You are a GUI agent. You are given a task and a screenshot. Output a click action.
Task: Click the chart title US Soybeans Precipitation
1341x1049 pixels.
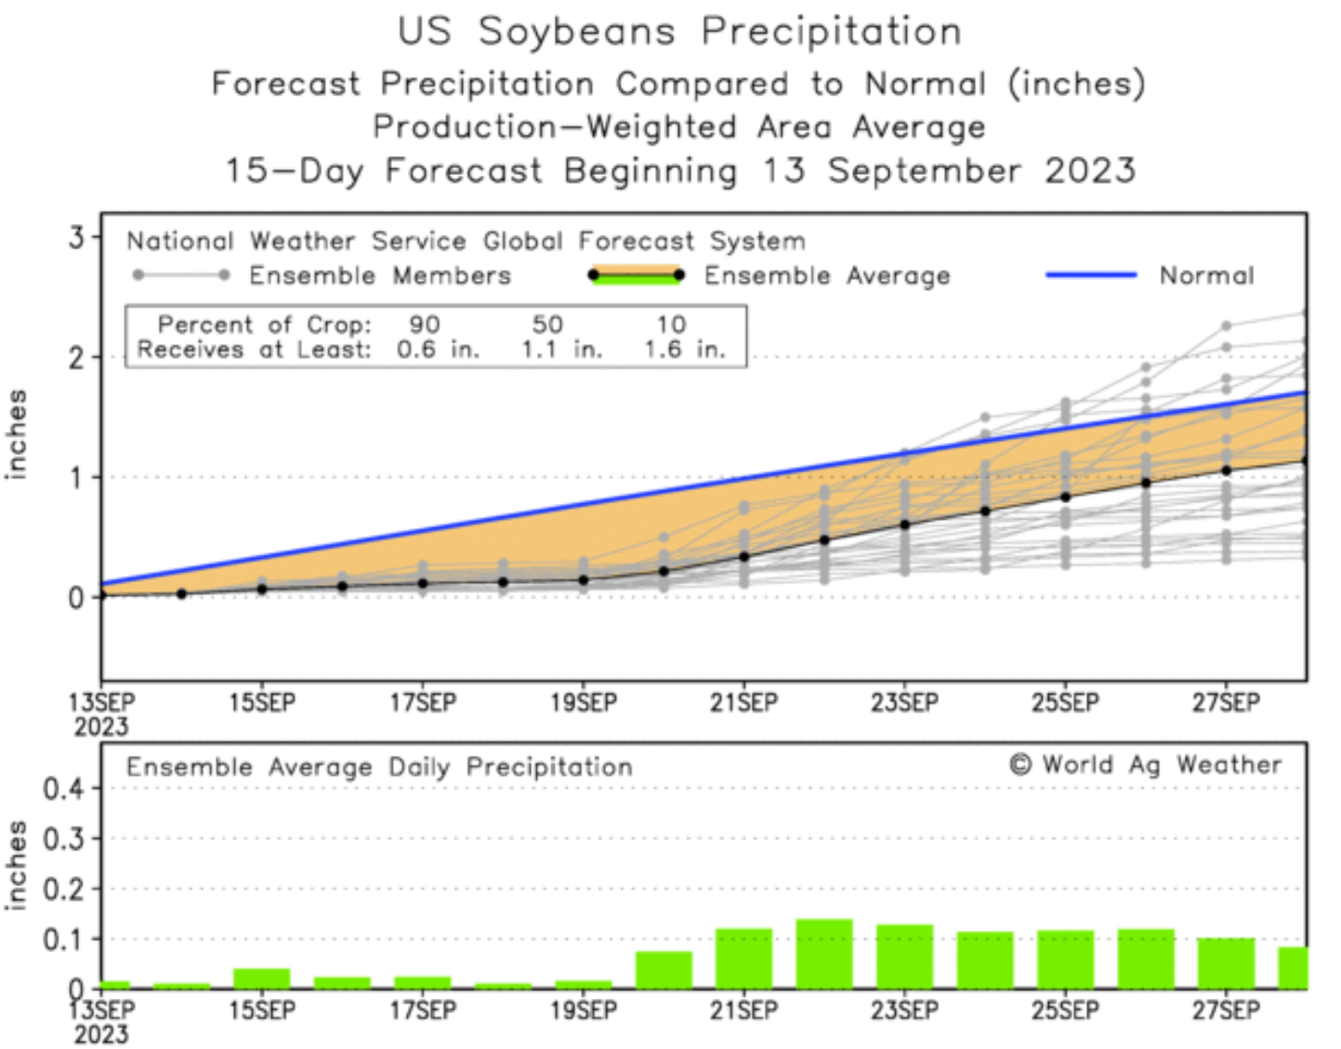[679, 32]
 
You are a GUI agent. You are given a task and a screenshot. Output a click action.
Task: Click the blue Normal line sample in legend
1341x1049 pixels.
[1091, 275]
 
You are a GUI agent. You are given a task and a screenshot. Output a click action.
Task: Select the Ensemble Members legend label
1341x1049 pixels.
[380, 276]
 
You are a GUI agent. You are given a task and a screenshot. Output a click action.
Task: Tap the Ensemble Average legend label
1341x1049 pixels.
[827, 276]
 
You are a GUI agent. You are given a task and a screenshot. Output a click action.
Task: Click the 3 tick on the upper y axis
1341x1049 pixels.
[76, 237]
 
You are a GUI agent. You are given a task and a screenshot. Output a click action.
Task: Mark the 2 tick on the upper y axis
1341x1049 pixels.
[76, 357]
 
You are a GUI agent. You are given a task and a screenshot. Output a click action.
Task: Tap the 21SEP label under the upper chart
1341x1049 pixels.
[743, 703]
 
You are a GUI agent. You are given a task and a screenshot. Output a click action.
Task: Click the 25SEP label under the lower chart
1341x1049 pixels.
[1065, 1010]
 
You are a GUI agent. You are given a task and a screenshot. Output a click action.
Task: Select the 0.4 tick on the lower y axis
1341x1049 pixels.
[63, 789]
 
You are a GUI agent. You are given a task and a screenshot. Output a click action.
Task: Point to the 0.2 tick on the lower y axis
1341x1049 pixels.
[63, 889]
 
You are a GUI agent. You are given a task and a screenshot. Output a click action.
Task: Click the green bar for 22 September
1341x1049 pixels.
[824, 954]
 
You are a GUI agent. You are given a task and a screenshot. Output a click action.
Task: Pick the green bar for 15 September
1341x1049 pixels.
[262, 978]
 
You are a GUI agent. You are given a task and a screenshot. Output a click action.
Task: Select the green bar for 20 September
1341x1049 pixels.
[664, 970]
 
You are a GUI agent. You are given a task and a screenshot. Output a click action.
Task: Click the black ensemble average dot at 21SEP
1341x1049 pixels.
[743, 557]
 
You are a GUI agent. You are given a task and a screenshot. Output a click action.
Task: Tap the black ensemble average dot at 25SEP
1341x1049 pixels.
[1066, 497]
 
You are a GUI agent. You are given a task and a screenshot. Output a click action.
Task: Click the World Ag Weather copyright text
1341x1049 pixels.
[1145, 764]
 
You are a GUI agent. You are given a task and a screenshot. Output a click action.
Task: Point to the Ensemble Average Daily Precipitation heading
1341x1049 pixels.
[379, 767]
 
